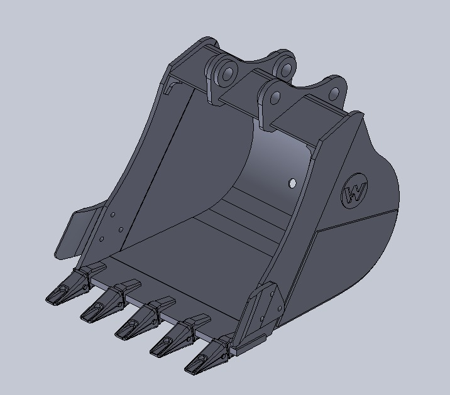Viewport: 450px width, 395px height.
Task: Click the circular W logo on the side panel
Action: [354, 191]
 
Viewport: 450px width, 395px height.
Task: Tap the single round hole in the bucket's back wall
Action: [292, 183]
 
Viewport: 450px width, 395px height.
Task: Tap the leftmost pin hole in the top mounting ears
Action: [229, 73]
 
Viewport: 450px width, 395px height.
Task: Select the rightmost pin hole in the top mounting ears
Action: [334, 94]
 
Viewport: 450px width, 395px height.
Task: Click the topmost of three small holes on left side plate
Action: [112, 215]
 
